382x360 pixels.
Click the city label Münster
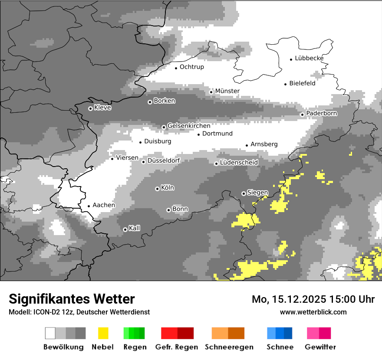tap(227, 91)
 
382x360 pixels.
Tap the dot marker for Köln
tap(157, 189)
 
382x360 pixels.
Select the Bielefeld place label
tap(302, 84)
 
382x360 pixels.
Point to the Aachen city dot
tap(89, 206)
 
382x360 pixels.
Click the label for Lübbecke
tap(309, 59)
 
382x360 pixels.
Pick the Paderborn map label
tap(321, 114)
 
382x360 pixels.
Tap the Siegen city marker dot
tap(244, 193)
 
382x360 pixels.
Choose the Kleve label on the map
tap(102, 108)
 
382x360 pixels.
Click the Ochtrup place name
tap(191, 67)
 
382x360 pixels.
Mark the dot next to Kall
tap(125, 229)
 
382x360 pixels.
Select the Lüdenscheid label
tap(239, 163)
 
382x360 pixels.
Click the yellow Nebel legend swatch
tap(103, 333)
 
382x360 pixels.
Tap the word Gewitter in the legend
tap(320, 347)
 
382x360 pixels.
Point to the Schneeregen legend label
tap(229, 347)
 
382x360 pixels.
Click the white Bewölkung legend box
tap(50, 333)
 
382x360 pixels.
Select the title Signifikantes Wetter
tap(72, 299)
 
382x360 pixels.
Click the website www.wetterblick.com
tap(313, 312)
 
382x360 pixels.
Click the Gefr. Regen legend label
tap(176, 347)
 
